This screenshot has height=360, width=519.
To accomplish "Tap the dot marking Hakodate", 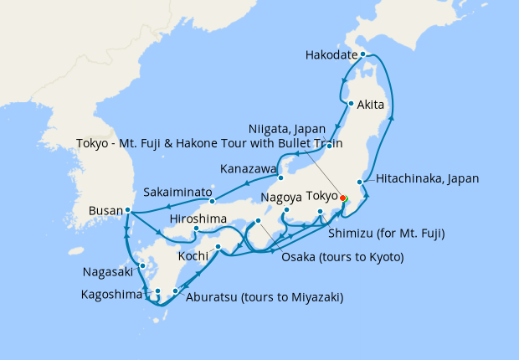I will [x=362, y=54].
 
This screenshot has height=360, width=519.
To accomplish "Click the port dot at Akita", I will [x=351, y=105].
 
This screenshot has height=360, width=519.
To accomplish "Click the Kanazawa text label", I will [x=248, y=169].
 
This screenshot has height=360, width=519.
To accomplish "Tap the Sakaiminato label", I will [x=177, y=192].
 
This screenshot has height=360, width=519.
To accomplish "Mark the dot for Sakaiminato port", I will [x=213, y=200].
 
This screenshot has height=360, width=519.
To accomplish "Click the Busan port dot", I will [x=127, y=210].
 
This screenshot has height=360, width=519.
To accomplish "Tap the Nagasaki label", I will [x=107, y=272].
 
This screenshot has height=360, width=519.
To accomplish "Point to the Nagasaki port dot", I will [x=143, y=266].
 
